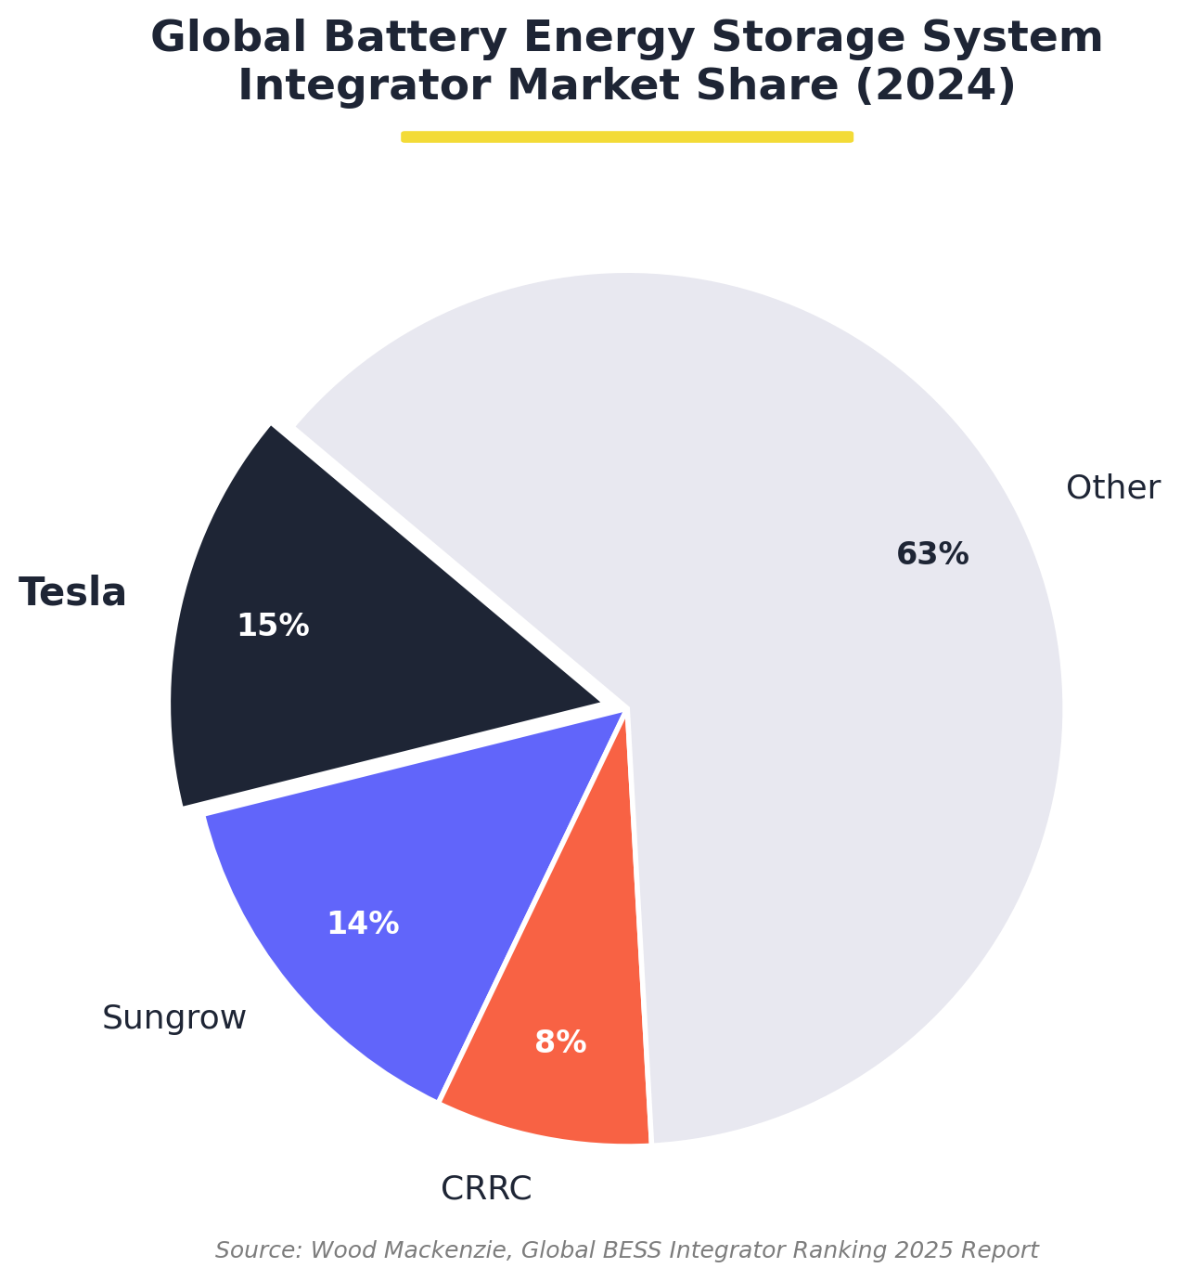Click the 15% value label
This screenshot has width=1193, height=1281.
[273, 626]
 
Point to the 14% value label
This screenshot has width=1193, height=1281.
[363, 924]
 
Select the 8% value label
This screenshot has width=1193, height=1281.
[560, 1042]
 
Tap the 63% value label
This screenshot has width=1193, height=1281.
[932, 554]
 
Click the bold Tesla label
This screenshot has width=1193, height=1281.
[72, 592]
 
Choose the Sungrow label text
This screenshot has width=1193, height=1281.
[174, 1018]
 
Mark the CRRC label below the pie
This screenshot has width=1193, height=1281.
[486, 1188]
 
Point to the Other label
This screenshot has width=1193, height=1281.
[1112, 487]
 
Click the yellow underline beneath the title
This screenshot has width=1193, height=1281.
[627, 136]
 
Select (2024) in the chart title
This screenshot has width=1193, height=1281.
[935, 86]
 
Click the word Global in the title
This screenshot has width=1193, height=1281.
[215, 38]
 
